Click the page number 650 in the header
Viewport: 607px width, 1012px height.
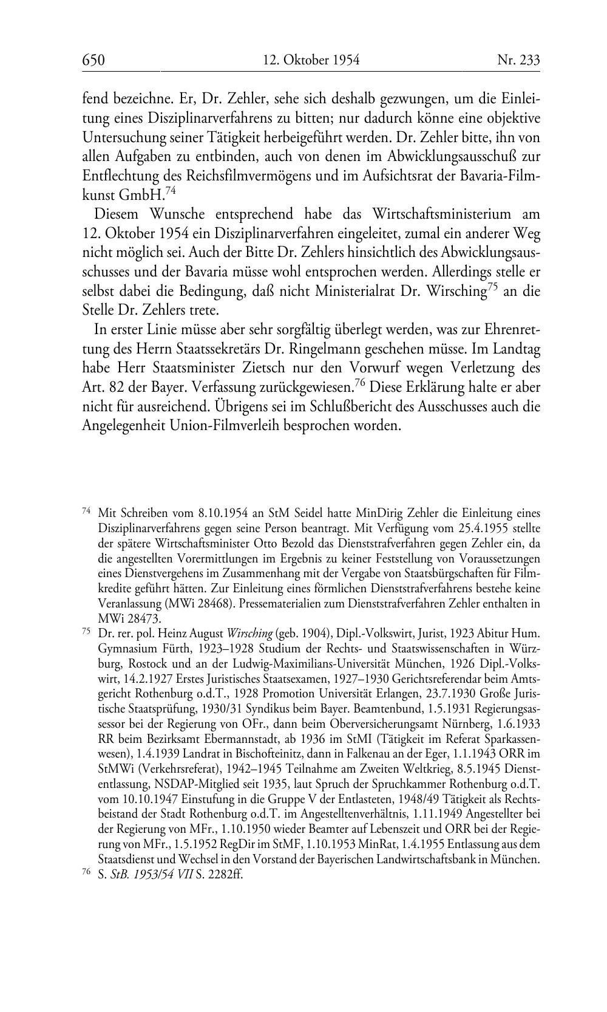pyautogui.click(x=93, y=60)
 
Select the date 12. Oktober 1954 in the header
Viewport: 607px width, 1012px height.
pyautogui.click(x=311, y=60)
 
